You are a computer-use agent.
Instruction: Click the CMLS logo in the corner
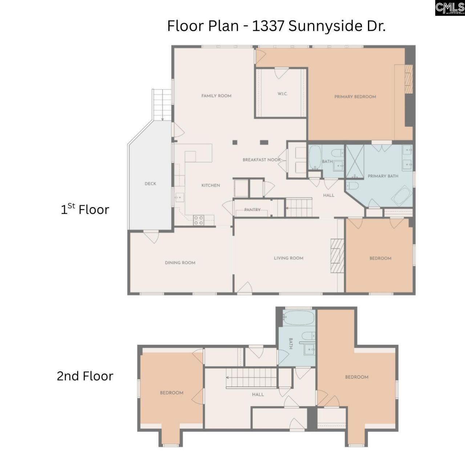(x=450, y=8)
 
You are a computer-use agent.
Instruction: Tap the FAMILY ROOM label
(x=216, y=96)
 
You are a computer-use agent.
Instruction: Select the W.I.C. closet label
(x=282, y=94)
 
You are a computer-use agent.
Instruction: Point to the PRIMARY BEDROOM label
(x=355, y=97)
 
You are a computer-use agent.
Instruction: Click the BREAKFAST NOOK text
(x=262, y=160)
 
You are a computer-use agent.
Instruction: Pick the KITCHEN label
(x=211, y=185)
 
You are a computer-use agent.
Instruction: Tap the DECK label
(x=150, y=184)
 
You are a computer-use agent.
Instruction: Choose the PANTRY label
(x=252, y=210)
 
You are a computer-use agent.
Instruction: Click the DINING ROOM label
(x=180, y=263)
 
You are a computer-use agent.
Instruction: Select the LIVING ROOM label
(x=288, y=258)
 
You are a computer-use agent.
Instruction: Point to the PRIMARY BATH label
(x=383, y=176)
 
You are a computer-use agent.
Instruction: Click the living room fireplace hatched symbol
(x=337, y=255)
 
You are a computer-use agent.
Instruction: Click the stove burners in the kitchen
(x=198, y=220)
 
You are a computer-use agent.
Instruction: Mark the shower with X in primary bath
(x=355, y=162)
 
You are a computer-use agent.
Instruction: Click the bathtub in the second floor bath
(x=298, y=318)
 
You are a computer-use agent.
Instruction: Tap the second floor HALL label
(x=258, y=395)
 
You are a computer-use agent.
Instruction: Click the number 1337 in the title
(x=268, y=26)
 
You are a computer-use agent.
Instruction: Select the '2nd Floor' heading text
(x=85, y=376)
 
